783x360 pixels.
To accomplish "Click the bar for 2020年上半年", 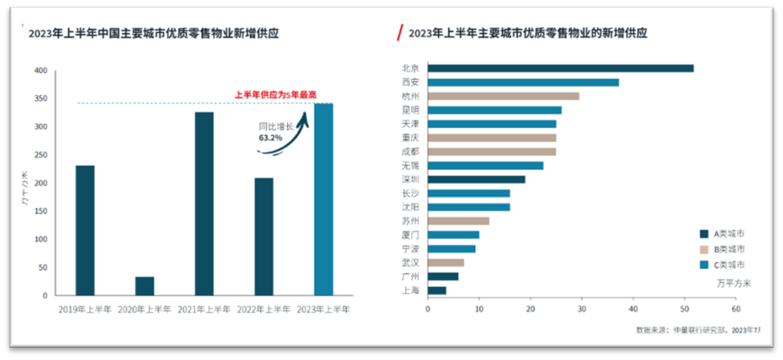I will tap(145, 286).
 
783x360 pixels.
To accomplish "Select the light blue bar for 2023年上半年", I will tap(323, 200).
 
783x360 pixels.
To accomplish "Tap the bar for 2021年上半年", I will tap(205, 204).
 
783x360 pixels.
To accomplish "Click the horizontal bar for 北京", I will tap(560, 69).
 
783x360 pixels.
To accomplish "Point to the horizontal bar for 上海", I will tap(437, 291).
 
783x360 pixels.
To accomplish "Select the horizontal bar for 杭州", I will tap(503, 96).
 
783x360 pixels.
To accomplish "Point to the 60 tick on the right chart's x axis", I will tap(734, 307).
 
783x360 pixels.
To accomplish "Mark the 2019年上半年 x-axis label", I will tap(85, 309).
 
